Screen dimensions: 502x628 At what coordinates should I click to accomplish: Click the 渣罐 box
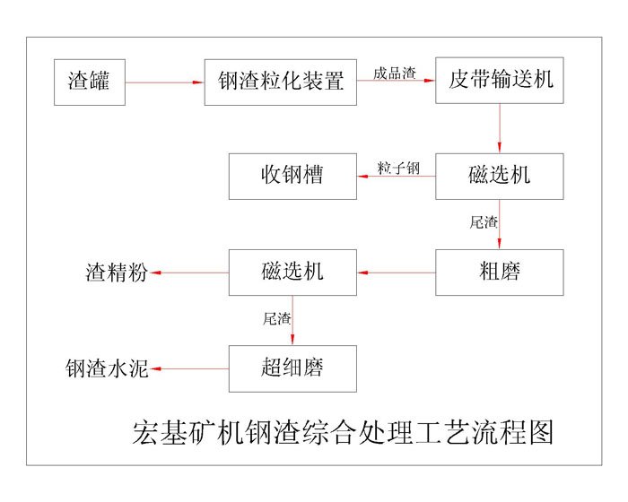pyautogui.click(x=90, y=82)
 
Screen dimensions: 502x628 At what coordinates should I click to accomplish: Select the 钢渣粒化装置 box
pyautogui.click(x=280, y=82)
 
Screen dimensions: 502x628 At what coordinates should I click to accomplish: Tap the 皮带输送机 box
pyautogui.click(x=500, y=82)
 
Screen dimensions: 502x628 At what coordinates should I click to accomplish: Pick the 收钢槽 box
pyautogui.click(x=292, y=176)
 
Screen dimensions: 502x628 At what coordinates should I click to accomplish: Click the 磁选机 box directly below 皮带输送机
pyautogui.click(x=500, y=176)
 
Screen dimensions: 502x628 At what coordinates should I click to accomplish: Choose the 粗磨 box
pyautogui.click(x=500, y=272)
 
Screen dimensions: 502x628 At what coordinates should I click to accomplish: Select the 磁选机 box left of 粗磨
pyautogui.click(x=292, y=272)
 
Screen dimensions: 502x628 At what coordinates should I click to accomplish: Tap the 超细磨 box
pyautogui.click(x=292, y=368)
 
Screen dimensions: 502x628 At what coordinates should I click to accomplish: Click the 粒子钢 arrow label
pyautogui.click(x=397, y=168)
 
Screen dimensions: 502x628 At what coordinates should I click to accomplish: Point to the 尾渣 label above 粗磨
pyautogui.click(x=484, y=221)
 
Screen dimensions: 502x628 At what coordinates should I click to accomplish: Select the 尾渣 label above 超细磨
pyautogui.click(x=276, y=316)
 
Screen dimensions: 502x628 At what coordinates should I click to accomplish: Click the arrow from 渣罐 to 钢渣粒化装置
pyautogui.click(x=164, y=82)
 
